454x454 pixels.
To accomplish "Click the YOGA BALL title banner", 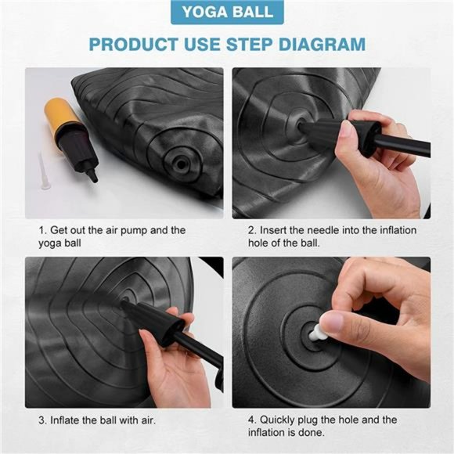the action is (x=227, y=13).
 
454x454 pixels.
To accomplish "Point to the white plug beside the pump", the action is (x=43, y=171).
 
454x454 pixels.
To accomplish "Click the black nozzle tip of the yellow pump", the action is (x=93, y=176).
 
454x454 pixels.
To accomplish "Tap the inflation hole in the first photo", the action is (x=181, y=164).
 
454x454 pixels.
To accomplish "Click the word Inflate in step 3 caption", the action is (x=65, y=420).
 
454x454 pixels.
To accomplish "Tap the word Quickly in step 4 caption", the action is (x=277, y=420).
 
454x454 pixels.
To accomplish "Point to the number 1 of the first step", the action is (x=42, y=230).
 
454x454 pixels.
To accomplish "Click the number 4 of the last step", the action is (x=251, y=420).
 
